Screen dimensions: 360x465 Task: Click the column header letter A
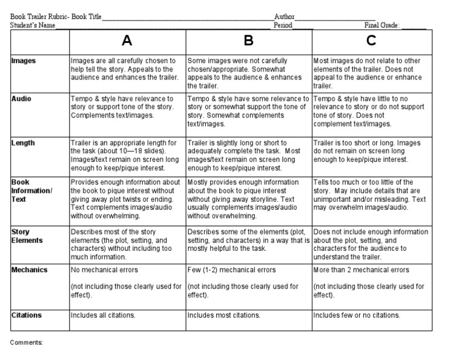[127, 41]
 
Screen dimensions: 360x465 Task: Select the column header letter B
[248, 41]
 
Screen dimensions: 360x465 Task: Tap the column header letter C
[371, 41]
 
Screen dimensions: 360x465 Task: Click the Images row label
[24, 61]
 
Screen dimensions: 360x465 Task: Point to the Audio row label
[22, 99]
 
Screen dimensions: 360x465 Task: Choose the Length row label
[23, 143]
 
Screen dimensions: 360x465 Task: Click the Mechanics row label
[30, 270]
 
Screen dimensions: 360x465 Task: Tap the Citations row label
[27, 315]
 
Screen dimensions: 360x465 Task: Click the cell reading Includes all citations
[103, 315]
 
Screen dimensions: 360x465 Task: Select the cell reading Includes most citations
[223, 315]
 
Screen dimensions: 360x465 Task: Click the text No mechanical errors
[104, 270]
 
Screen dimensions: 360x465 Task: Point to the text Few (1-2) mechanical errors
[231, 270]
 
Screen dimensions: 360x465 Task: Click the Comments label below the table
[27, 342]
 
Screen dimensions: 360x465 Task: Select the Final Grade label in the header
[382, 26]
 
